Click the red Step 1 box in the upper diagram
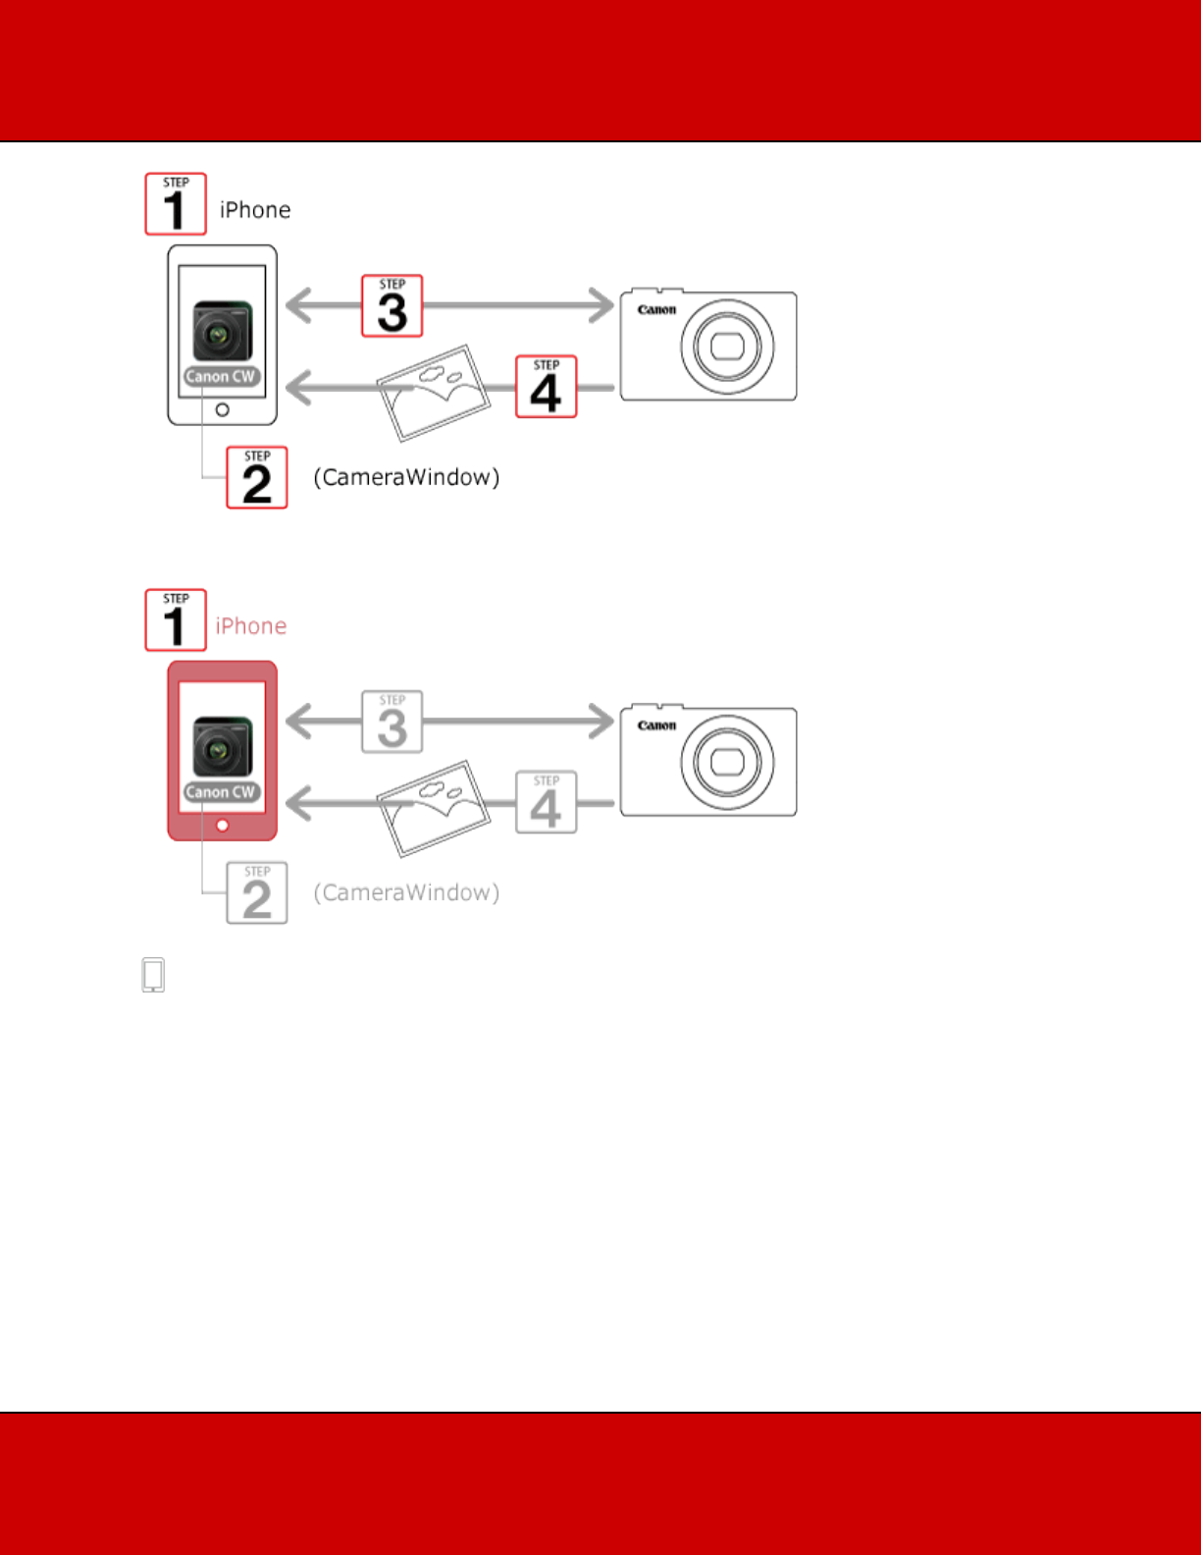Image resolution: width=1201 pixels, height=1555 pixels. (176, 204)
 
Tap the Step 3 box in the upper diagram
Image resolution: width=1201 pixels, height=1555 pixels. (392, 306)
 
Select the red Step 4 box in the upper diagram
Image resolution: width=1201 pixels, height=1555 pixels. (547, 387)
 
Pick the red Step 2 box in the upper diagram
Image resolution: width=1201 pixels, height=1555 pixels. (257, 478)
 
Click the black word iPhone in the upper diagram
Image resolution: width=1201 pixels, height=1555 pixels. (255, 210)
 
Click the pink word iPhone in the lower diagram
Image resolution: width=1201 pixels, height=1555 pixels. (251, 626)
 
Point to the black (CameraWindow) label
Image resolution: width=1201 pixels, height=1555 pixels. (406, 477)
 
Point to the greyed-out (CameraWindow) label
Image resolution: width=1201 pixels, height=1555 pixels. (406, 892)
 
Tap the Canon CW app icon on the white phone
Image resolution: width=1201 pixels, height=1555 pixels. (223, 339)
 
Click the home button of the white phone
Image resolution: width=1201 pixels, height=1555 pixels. (223, 409)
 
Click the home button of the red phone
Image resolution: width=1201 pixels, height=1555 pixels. (223, 826)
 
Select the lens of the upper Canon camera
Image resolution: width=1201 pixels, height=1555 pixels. (727, 346)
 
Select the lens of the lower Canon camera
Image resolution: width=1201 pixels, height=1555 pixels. (727, 762)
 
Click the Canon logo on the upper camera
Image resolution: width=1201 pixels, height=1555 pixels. (656, 310)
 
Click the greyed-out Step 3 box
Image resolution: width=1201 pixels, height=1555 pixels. (392, 722)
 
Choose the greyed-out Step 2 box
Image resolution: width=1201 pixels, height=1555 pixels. (257, 893)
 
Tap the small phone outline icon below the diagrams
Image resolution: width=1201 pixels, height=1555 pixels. (153, 975)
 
